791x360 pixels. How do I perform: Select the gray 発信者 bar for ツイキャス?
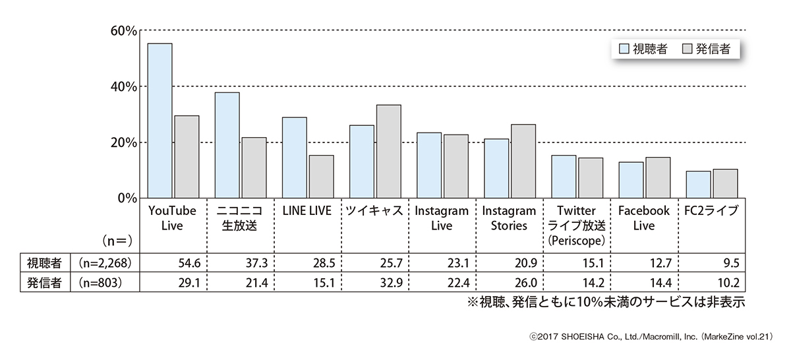(389, 151)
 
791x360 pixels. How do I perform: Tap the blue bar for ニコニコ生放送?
(227, 145)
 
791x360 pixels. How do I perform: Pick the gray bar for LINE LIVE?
(321, 176)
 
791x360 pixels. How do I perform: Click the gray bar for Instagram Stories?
(523, 161)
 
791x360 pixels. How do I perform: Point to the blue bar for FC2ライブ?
(698, 184)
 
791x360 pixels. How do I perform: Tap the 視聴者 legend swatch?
(624, 49)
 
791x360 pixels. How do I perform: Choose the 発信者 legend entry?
(713, 49)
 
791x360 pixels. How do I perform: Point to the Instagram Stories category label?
(509, 218)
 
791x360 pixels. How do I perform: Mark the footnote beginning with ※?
(606, 303)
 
